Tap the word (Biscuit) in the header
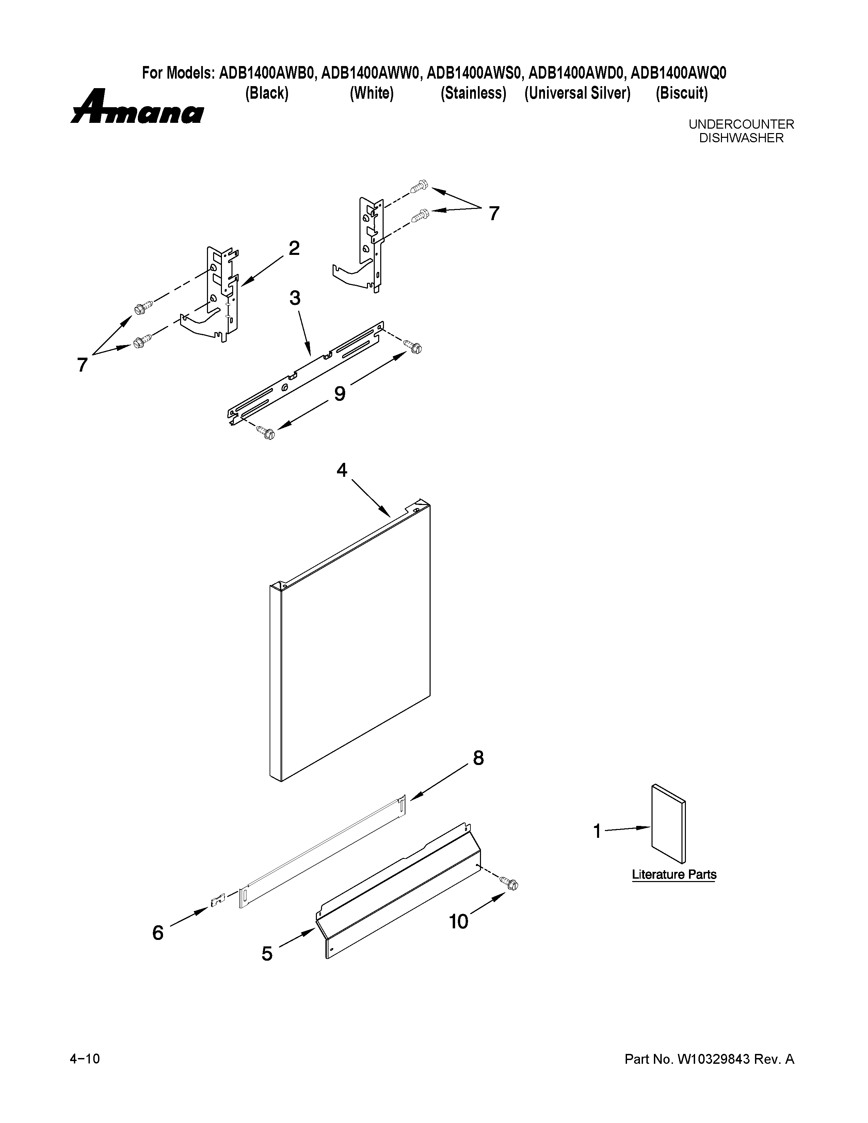coord(681,94)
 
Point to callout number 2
coord(294,249)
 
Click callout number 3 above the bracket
coord(295,298)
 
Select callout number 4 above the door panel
coord(342,470)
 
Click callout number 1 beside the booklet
coord(597,831)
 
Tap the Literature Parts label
coord(674,875)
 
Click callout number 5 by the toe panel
coord(267,954)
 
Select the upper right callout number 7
coord(494,213)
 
